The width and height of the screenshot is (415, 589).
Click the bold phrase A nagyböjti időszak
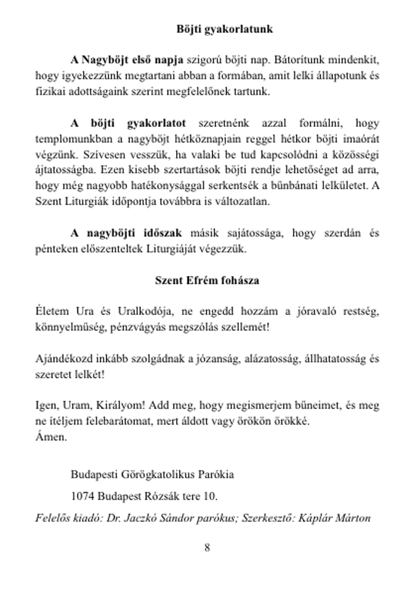click(x=126, y=233)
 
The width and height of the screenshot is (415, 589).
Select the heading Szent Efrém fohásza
click(x=207, y=280)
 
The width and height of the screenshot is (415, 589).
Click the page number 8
click(x=207, y=547)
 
